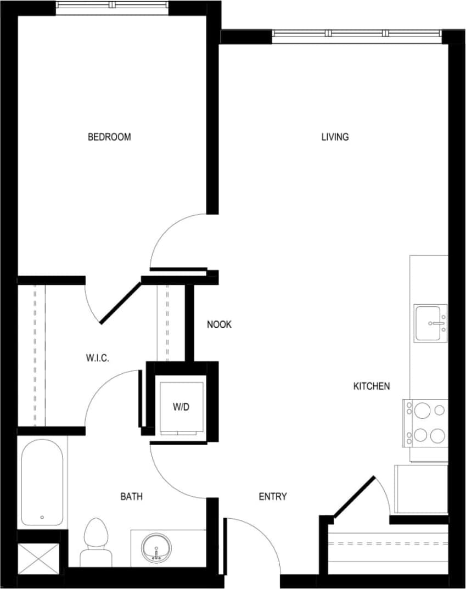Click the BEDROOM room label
pos(109,137)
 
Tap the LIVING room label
pos(335,137)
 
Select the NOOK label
pos(219,324)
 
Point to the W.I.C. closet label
pos(97,358)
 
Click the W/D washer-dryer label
pos(181,407)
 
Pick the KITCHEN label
pos(371,386)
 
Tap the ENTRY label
pos(273,497)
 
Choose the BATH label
pos(131,497)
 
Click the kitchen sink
pos(430,323)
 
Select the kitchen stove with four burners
pos(426,423)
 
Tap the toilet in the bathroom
pos(96,541)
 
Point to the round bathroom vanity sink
pos(157,547)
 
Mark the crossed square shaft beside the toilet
pos(38,558)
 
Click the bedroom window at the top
pos(112,5)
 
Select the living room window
pos(357,33)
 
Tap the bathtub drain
pos(42,517)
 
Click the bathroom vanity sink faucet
pos(157,554)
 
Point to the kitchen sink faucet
pos(439,324)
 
